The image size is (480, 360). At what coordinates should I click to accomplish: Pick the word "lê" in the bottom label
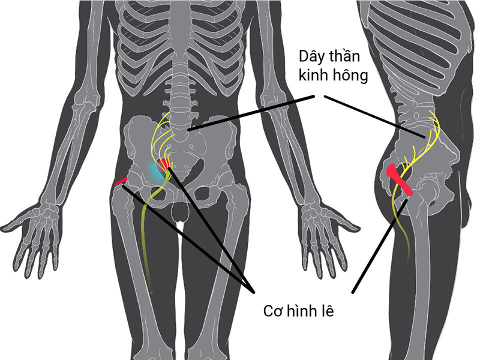[328, 310]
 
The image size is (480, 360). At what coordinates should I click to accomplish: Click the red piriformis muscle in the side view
[398, 179]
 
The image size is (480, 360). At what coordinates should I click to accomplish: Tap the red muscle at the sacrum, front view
[163, 164]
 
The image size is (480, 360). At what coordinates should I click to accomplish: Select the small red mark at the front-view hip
[121, 182]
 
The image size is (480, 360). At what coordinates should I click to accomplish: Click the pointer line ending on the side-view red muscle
[380, 246]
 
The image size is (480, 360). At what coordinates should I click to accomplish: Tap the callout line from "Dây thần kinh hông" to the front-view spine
[251, 113]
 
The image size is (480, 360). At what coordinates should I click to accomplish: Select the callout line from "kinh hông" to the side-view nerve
[374, 116]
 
